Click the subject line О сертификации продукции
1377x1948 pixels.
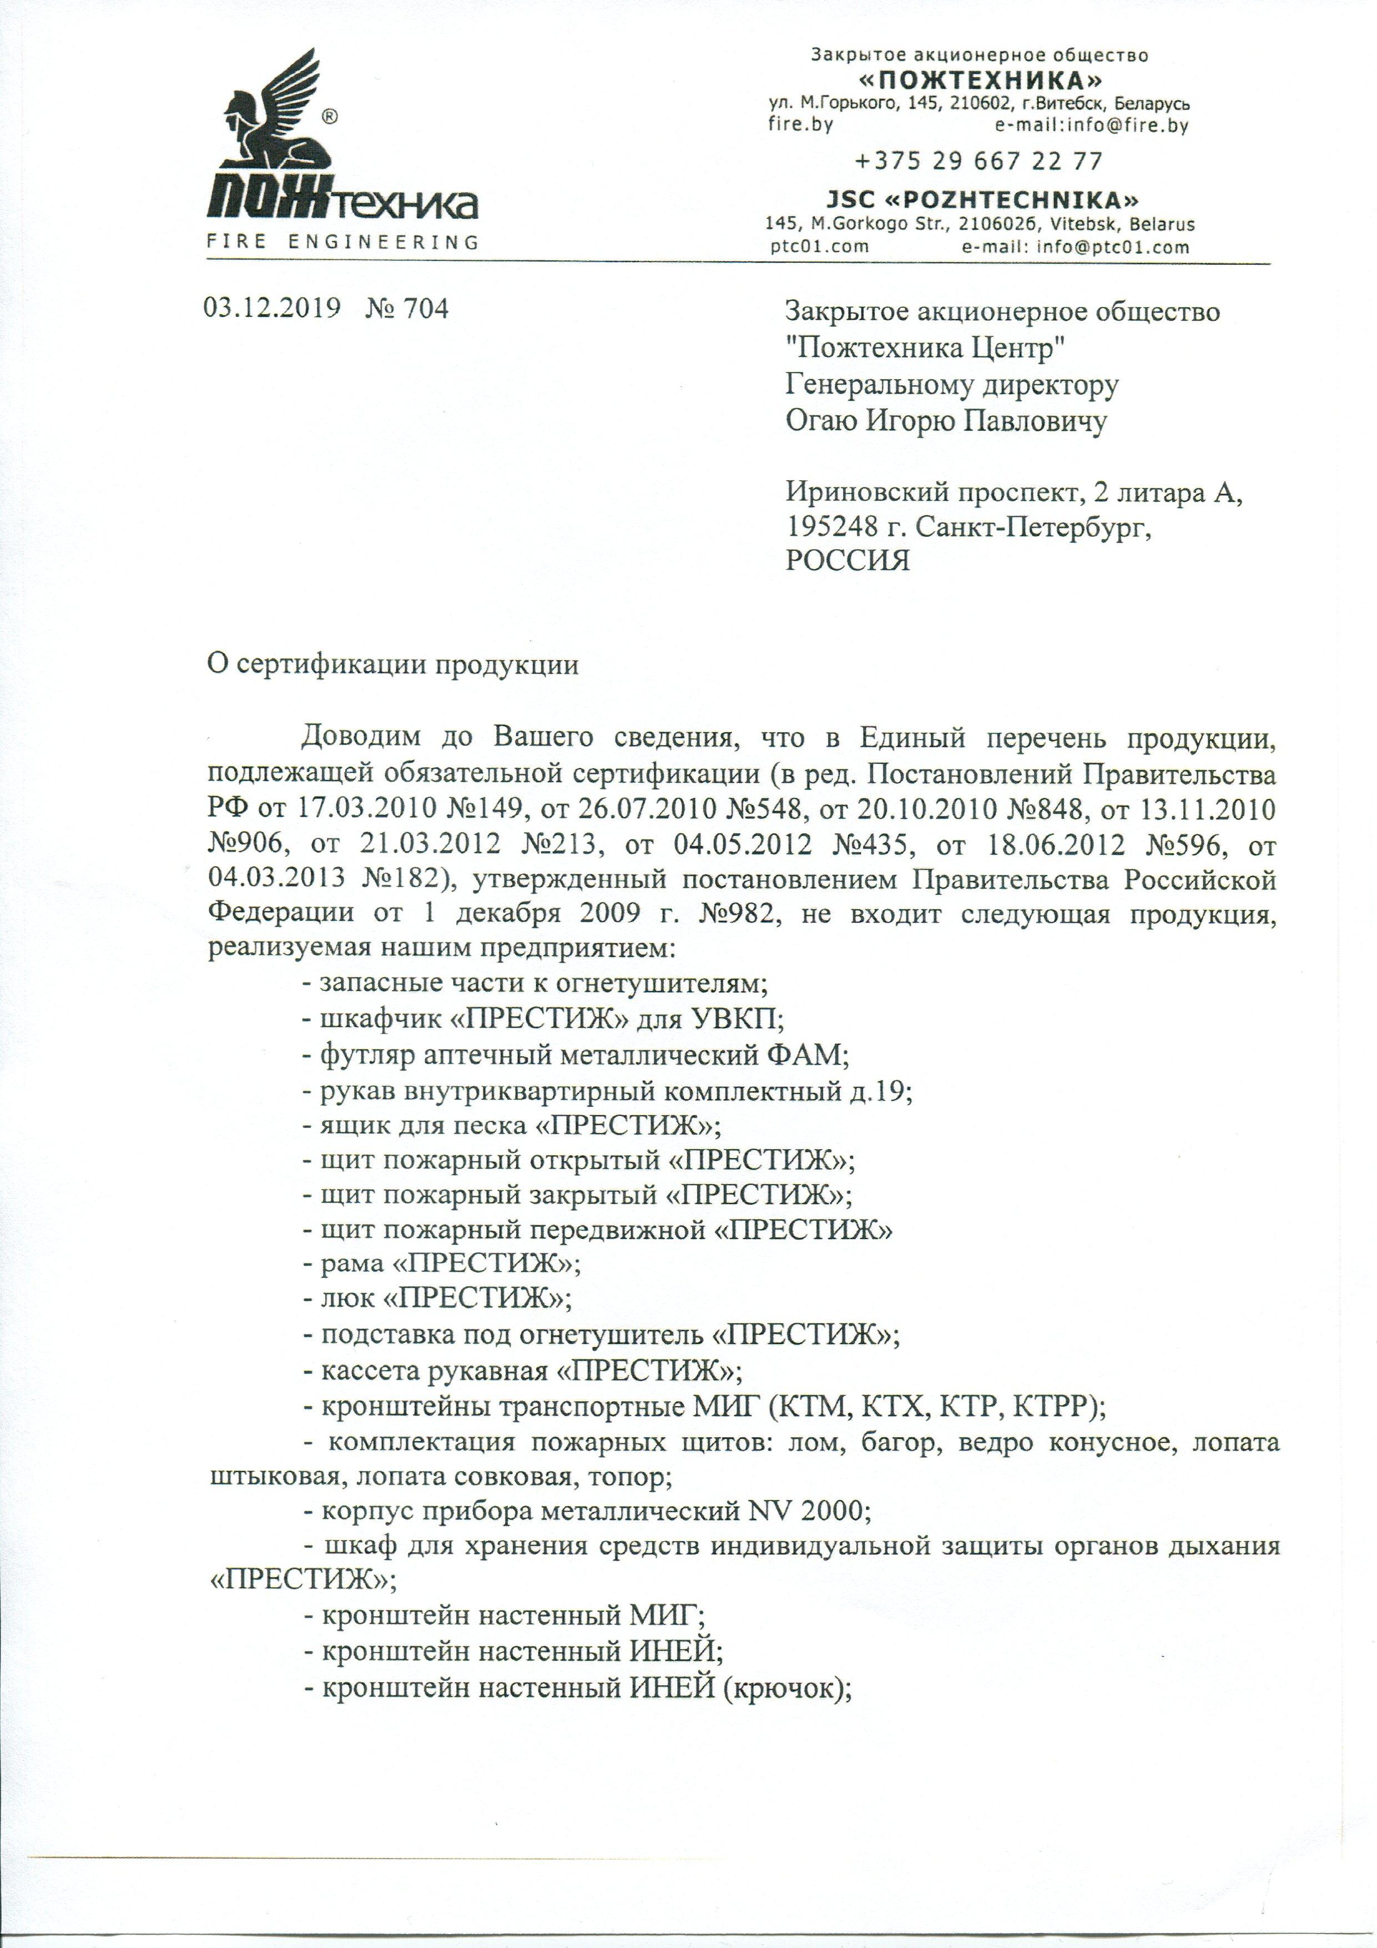tap(393, 665)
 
